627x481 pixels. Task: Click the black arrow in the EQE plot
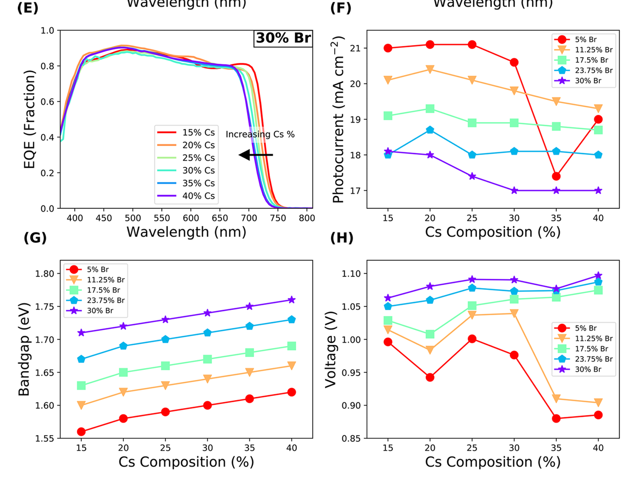point(255,155)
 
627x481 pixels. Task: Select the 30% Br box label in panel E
point(283,38)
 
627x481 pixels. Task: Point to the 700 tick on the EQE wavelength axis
point(249,218)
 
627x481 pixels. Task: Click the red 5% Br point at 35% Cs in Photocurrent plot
point(556,176)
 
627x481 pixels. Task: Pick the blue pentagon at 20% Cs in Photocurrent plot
point(430,130)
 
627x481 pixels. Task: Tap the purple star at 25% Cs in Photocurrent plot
point(472,176)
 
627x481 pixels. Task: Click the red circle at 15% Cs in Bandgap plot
point(81,431)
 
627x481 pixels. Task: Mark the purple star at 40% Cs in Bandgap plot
point(291,300)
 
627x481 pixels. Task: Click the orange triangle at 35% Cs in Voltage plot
point(556,399)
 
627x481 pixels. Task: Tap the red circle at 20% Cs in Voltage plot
point(430,377)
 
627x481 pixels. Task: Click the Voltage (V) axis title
point(331,349)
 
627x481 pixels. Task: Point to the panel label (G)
point(35,237)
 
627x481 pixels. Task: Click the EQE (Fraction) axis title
point(30,119)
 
